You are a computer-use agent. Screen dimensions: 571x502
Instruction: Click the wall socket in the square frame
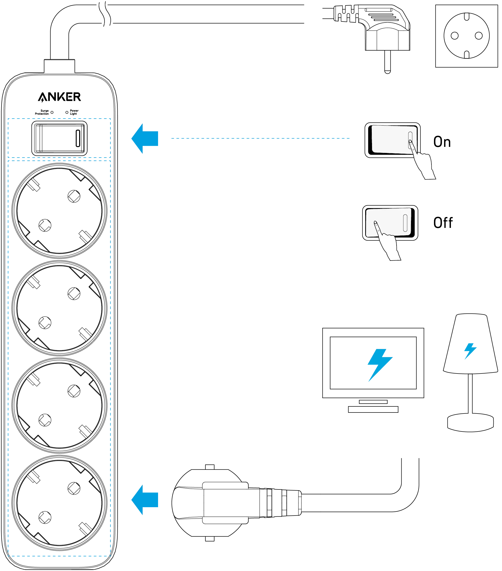pos(467,36)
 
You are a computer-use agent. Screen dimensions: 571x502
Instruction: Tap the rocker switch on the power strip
pos(59,138)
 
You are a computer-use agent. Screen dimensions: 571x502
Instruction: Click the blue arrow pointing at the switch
pos(145,138)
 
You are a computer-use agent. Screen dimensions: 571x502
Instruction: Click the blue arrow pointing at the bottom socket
pos(145,500)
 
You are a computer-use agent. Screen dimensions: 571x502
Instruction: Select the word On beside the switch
pos(442,142)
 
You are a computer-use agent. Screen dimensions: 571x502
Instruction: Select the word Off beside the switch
pos(443,223)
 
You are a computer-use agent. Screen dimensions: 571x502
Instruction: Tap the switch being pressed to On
pos(392,140)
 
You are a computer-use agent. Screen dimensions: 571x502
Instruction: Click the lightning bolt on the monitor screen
pos(379,365)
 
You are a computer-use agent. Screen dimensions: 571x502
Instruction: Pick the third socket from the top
pos(59,405)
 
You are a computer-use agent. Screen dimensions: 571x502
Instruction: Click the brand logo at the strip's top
pos(60,97)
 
